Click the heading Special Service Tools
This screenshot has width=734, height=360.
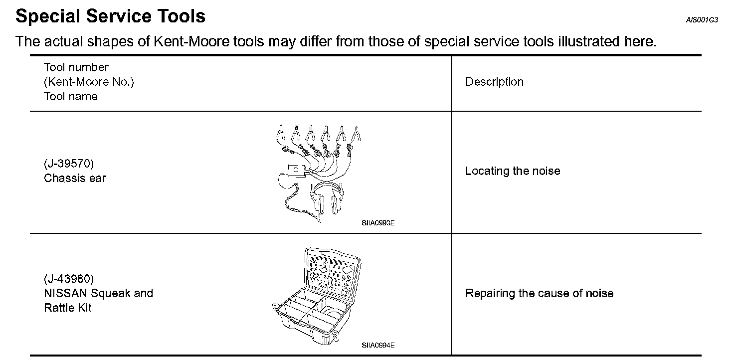pos(110,16)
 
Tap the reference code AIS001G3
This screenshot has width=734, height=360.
pos(702,20)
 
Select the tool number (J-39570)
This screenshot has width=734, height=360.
pos(69,164)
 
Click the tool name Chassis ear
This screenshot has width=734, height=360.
pos(75,178)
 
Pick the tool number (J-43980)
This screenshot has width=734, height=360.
pos(69,278)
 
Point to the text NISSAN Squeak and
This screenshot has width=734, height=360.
pos(98,293)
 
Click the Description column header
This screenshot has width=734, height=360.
pos(494,82)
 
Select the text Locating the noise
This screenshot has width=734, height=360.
pos(513,171)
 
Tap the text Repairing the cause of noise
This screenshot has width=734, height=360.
pos(539,293)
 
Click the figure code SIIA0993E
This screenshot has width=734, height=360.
pos(378,223)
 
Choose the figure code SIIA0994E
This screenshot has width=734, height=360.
pos(378,345)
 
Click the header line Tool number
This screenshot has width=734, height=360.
pos(76,67)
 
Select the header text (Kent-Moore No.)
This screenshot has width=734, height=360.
pos(89,82)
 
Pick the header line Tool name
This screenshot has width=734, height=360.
pos(70,96)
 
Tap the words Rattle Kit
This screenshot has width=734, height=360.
pos(67,308)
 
